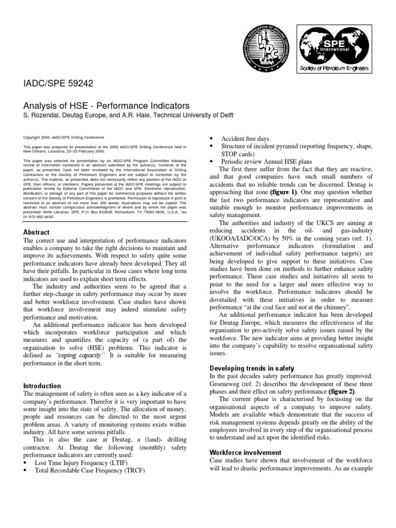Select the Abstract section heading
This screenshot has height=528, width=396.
pyautogui.click(x=37, y=232)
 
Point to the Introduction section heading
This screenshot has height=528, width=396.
pyautogui.click(x=42, y=386)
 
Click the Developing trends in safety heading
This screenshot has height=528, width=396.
pyautogui.click(x=252, y=368)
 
